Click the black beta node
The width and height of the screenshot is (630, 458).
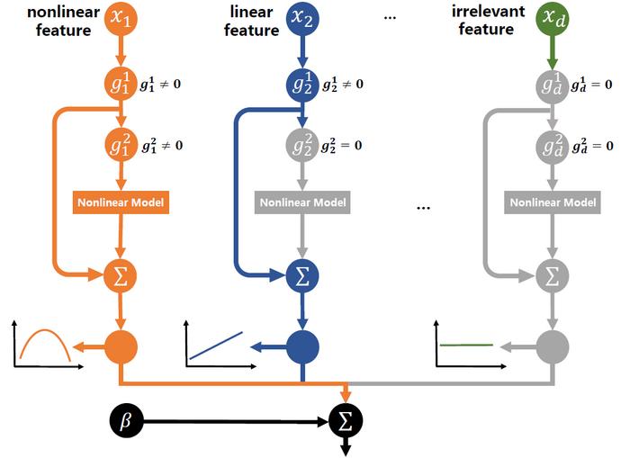125,419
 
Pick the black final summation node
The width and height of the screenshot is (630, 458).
346,420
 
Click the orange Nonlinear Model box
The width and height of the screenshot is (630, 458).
121,202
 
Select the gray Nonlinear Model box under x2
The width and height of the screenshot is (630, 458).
302,202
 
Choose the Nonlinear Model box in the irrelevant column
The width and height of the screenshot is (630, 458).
552,202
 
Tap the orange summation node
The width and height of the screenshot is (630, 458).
121,274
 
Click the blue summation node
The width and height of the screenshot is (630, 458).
302,274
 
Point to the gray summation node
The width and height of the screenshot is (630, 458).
552,274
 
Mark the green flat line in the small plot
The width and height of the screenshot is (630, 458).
466,345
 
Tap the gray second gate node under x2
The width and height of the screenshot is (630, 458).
302,145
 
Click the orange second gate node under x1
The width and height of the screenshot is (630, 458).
121,145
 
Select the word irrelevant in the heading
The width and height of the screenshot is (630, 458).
485,12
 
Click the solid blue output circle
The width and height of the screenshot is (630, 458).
302,346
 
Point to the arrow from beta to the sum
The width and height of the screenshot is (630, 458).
234,420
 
